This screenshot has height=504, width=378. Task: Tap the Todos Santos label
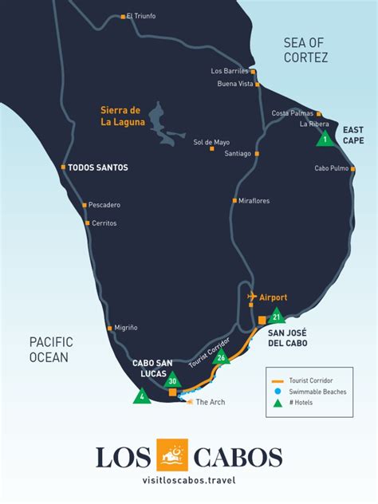[x=98, y=167]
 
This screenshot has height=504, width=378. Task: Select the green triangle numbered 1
[x=325, y=139]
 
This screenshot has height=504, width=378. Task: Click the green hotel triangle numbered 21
[x=276, y=317]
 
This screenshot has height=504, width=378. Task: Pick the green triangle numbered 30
[x=172, y=381]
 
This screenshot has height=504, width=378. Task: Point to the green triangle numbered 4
[x=142, y=396]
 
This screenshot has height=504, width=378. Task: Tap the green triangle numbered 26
[x=222, y=357]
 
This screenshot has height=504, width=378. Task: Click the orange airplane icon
[x=253, y=297]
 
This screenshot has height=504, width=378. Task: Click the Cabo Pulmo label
[x=331, y=168]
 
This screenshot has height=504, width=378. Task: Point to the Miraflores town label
[x=254, y=200]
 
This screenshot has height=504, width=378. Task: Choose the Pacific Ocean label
[x=49, y=349]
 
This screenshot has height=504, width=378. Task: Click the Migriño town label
[x=126, y=328]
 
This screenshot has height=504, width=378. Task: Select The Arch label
[x=211, y=402]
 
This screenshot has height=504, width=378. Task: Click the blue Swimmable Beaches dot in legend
[x=278, y=392]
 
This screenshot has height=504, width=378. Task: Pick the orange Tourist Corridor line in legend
[x=278, y=380]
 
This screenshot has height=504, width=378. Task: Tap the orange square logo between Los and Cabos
[x=171, y=455]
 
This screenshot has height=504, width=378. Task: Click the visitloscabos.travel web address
[x=188, y=481]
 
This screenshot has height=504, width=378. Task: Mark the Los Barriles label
[x=230, y=71]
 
